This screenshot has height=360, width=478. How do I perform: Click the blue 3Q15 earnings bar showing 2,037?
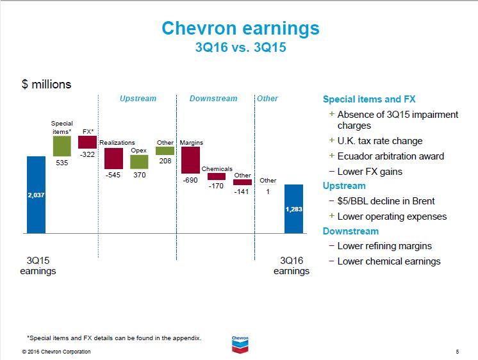(36, 195)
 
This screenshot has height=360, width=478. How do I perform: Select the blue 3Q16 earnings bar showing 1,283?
(293, 209)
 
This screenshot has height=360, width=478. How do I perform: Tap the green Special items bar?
(62, 147)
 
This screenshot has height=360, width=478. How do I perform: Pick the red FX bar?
(88, 142)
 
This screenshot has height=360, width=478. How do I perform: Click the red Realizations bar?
(113, 158)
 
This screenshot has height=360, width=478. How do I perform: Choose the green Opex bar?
(139, 161)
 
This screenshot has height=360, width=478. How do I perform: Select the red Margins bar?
(190, 160)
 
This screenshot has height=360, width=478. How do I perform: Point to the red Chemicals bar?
(217, 176)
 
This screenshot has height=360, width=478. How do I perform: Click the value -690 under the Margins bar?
(190, 181)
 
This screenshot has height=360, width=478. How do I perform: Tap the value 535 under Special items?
(62, 163)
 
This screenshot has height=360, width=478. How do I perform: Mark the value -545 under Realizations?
(113, 174)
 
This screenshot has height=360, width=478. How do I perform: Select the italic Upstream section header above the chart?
(138, 99)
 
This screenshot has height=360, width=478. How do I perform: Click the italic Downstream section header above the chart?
(213, 99)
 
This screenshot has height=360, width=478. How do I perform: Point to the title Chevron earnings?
(240, 29)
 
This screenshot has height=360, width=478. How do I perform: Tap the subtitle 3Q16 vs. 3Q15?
(240, 49)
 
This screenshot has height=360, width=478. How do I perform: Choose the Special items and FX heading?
(369, 99)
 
